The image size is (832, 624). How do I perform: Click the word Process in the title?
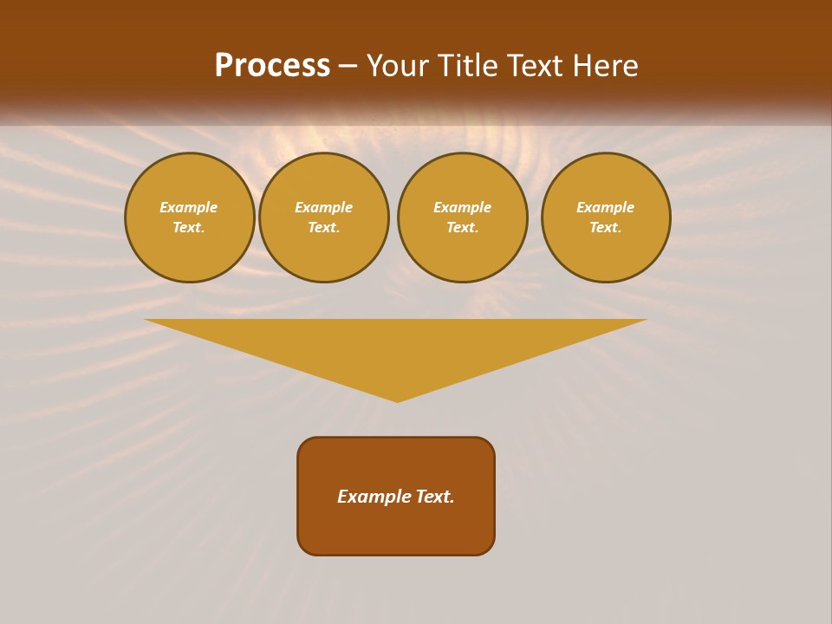pyautogui.click(x=272, y=66)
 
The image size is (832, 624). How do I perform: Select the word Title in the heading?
pyautogui.click(x=468, y=66)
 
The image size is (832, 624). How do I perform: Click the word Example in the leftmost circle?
pyautogui.click(x=189, y=207)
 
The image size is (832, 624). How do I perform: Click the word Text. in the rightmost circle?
pyautogui.click(x=606, y=227)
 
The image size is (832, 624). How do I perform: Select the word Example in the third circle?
pyautogui.click(x=463, y=207)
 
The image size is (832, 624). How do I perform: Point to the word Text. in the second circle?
pyautogui.click(x=324, y=227)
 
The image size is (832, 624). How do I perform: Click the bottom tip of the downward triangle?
pyautogui.click(x=398, y=400)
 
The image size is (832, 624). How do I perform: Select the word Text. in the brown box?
pyautogui.click(x=434, y=497)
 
